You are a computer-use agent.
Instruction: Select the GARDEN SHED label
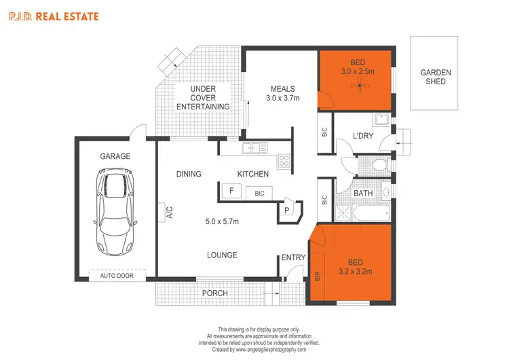[x=436, y=77]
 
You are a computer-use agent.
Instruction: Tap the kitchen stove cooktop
[x=283, y=162]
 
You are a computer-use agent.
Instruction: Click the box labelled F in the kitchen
[x=231, y=192]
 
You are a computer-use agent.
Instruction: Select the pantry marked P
[x=287, y=211]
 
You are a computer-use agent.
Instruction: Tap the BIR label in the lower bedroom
[x=317, y=277]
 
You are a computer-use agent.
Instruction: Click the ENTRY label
[x=293, y=257]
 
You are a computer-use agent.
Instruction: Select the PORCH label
[x=214, y=293]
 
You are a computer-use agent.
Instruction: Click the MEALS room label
[x=282, y=89]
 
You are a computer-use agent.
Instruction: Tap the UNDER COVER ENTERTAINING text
[x=203, y=98]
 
